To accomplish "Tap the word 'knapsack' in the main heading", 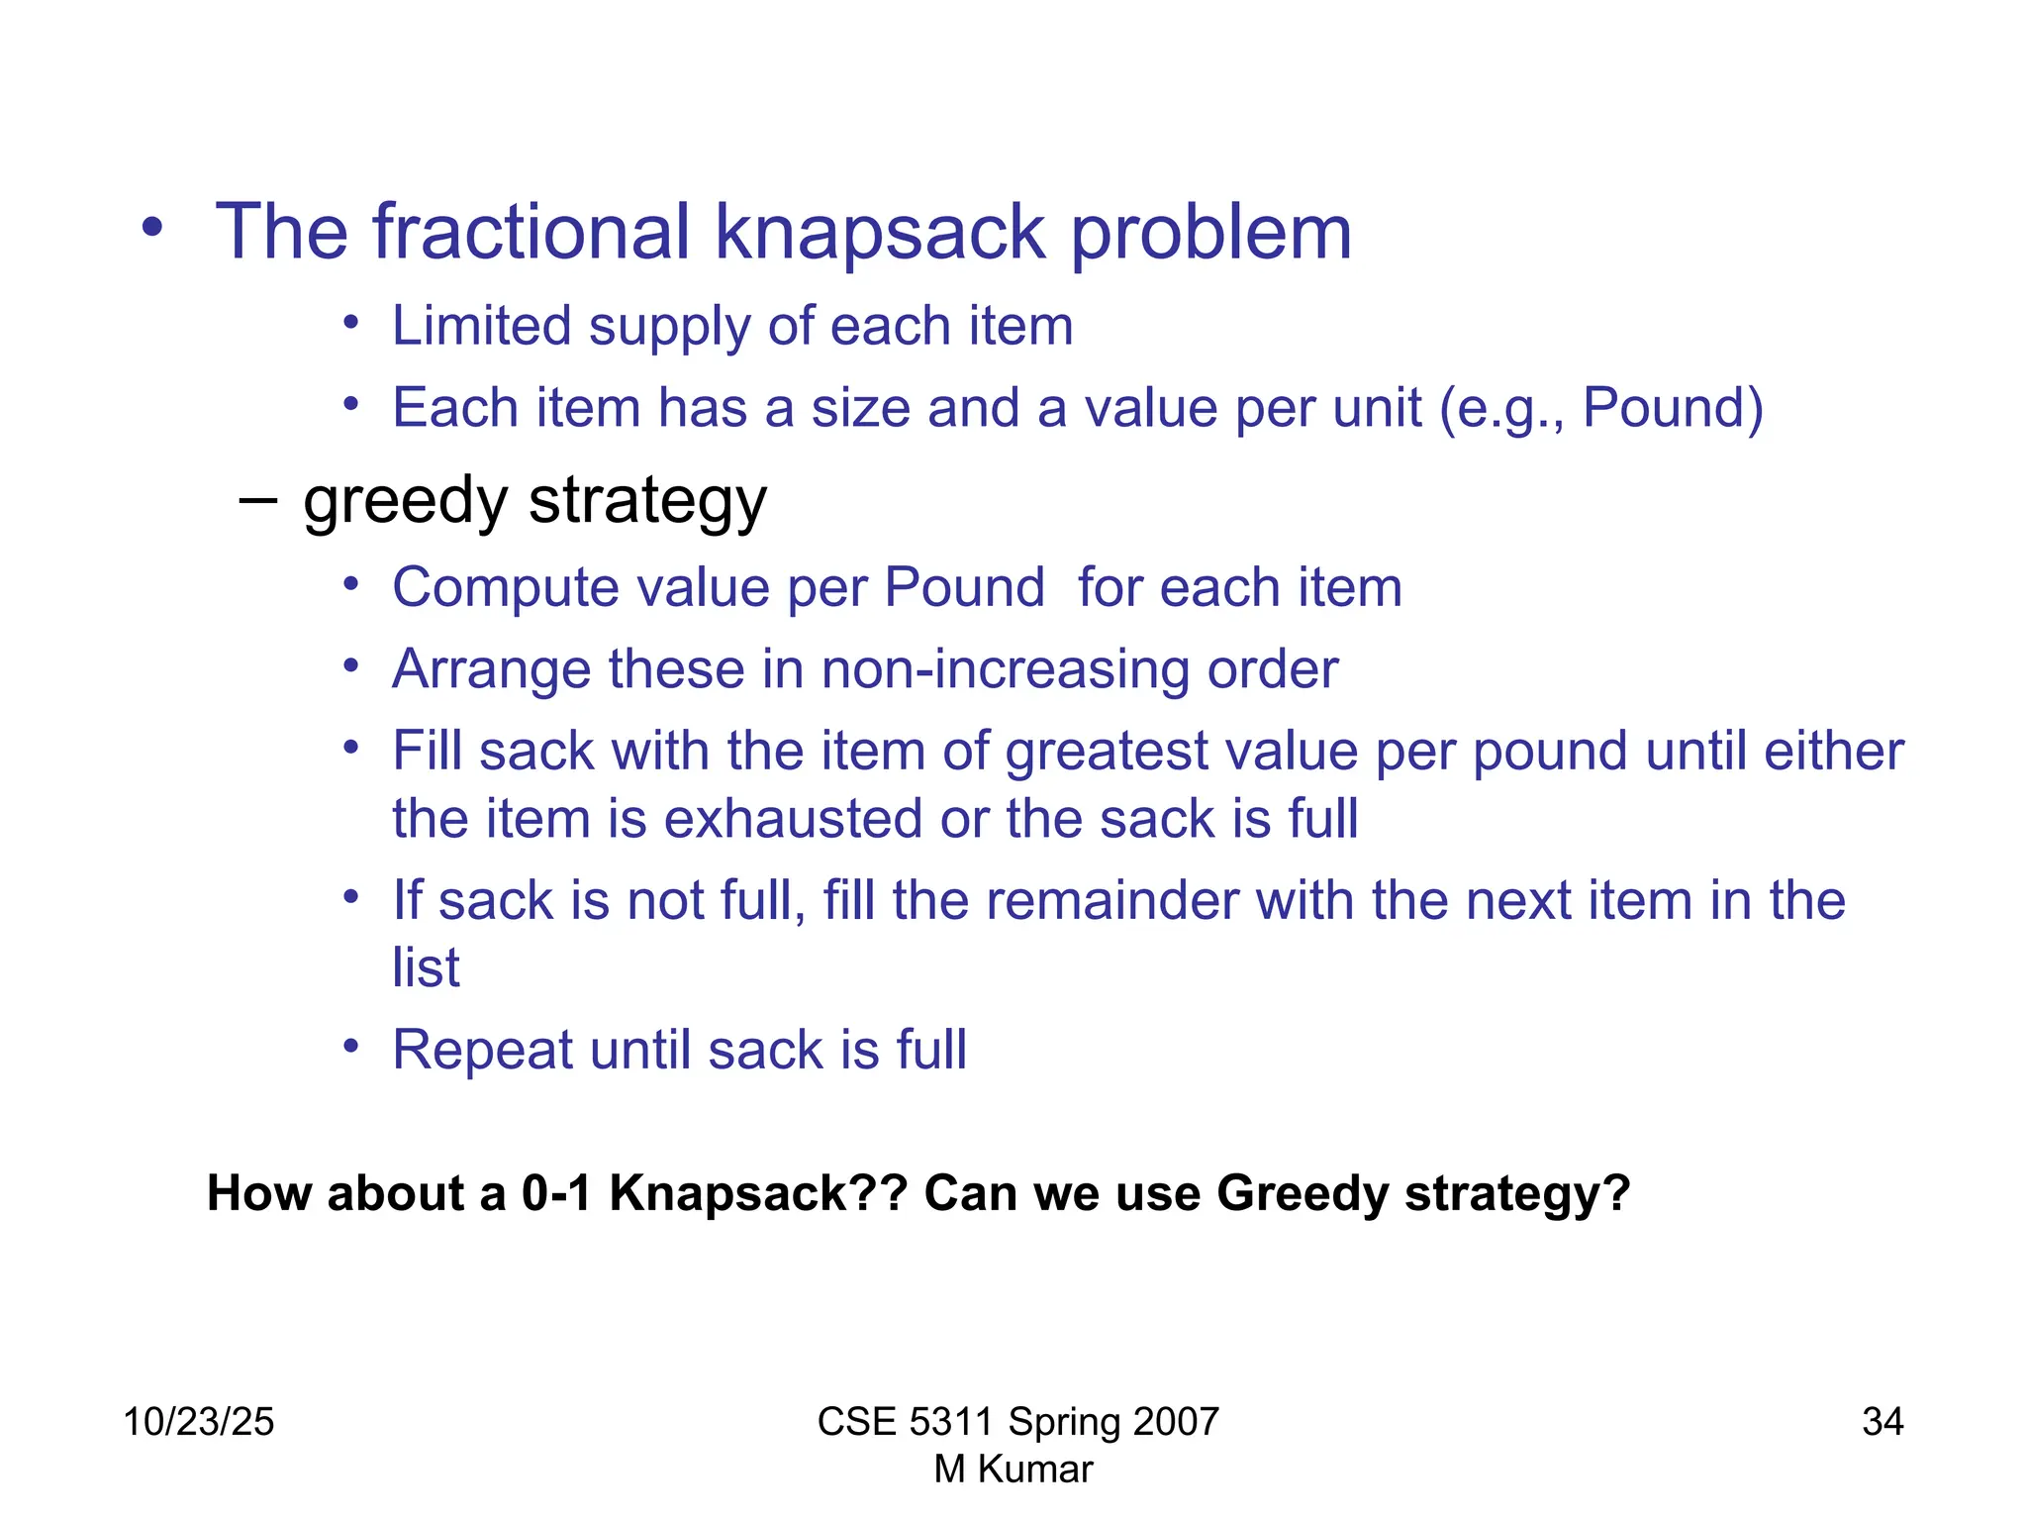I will [879, 234].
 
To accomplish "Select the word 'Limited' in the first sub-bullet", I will [481, 326].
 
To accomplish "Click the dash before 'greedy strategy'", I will [257, 499].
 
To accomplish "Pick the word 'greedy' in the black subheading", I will [405, 501].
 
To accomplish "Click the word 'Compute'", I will [505, 588].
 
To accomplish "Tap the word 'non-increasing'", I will [1005, 669].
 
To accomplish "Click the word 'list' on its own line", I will [426, 967].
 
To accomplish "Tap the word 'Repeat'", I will [482, 1050].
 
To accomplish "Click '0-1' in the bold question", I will [556, 1193].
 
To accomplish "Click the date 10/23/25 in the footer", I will [198, 1422].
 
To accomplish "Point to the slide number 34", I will [1882, 1422].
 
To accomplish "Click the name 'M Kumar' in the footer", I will [1013, 1470].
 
